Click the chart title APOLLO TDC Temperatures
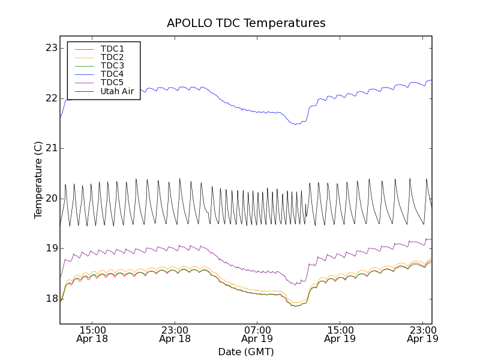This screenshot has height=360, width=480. (x=246, y=23)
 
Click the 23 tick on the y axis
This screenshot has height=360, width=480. (x=51, y=48)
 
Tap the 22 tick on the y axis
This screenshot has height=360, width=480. (x=51, y=98)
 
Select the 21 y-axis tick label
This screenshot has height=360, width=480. (x=51, y=148)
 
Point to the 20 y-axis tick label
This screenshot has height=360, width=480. (x=51, y=199)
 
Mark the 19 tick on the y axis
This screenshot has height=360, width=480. (x=51, y=248)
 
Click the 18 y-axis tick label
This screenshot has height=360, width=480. (x=51, y=299)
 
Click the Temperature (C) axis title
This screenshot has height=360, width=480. (x=38, y=180)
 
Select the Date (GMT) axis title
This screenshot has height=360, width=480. (x=246, y=352)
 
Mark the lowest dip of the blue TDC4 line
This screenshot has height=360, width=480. (x=295, y=124)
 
